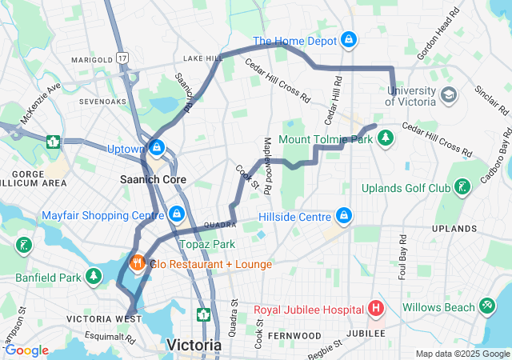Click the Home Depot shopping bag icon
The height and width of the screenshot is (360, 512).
tap(349, 39)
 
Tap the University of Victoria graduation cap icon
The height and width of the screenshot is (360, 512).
tap(450, 94)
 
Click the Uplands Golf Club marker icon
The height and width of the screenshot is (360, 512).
tap(461, 188)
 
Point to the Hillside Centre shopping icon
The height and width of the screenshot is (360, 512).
tap(344, 216)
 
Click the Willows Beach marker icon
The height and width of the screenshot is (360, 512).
tap(488, 306)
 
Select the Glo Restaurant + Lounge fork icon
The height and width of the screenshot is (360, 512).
tap(138, 263)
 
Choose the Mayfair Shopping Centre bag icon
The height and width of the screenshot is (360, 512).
tap(177, 214)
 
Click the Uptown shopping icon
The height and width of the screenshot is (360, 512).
tap(158, 148)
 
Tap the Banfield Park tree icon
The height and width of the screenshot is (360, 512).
tap(94, 277)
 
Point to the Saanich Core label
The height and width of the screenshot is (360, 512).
tap(153, 179)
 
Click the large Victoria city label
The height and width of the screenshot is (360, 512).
tap(194, 345)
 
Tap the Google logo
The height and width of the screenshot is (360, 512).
tap(26, 350)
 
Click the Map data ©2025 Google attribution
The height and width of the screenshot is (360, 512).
tap(462, 354)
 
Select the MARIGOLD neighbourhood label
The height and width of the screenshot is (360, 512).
tap(92, 59)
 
